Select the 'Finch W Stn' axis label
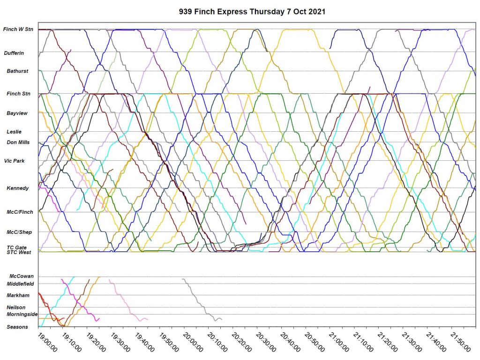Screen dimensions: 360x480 [17, 30]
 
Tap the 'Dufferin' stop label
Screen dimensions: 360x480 [14, 53]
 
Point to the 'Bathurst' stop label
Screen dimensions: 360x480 [17, 71]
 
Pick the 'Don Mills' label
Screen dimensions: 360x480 [17, 142]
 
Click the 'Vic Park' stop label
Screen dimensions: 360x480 [15, 161]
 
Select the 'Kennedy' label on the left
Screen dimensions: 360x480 [17, 188]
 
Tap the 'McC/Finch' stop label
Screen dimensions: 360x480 [20, 212]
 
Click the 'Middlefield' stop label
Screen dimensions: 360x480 [20, 284]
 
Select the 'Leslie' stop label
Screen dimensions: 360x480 [14, 132]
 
